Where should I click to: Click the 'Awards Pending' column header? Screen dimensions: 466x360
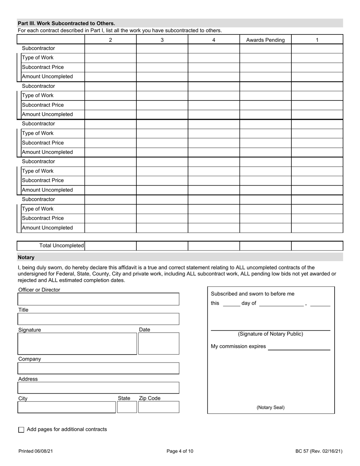pyautogui.click(x=265, y=40)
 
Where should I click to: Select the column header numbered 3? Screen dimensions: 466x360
pyautogui.click(x=162, y=40)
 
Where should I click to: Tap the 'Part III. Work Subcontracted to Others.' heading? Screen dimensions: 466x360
pyautogui.click(x=66, y=23)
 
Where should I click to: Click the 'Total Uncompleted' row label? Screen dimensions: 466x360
pyautogui.click(x=61, y=246)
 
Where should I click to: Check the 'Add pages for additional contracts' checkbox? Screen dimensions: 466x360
pyautogui.click(x=21, y=430)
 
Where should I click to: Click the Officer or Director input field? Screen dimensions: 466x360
pyautogui.click(x=99, y=299)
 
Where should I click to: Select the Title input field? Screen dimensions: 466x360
pyautogui.click(x=99, y=319)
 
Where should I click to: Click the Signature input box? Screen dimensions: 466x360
pyautogui.click(x=77, y=344)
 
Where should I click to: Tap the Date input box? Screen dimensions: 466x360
pyautogui.click(x=158, y=344)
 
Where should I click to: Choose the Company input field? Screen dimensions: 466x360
pyautogui.click(x=99, y=368)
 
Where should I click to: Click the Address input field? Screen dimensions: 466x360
pyautogui.click(x=99, y=388)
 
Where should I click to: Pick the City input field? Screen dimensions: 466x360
pyautogui.click(x=67, y=407)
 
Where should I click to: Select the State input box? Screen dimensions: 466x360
pyautogui.click(x=127, y=407)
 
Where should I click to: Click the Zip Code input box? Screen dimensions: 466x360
pyautogui.click(x=158, y=407)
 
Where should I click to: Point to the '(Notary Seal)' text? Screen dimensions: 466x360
pyautogui.click(x=271, y=408)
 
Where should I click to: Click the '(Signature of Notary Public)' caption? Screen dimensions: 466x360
pyautogui.click(x=271, y=334)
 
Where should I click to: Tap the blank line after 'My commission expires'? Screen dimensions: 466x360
pyautogui.click(x=299, y=347)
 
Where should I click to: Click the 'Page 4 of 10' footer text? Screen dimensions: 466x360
pyautogui.click(x=180, y=451)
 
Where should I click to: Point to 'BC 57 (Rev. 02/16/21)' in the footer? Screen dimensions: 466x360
pyautogui.click(x=319, y=451)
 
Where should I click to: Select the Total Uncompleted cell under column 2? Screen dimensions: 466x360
pyautogui.click(x=110, y=246)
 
